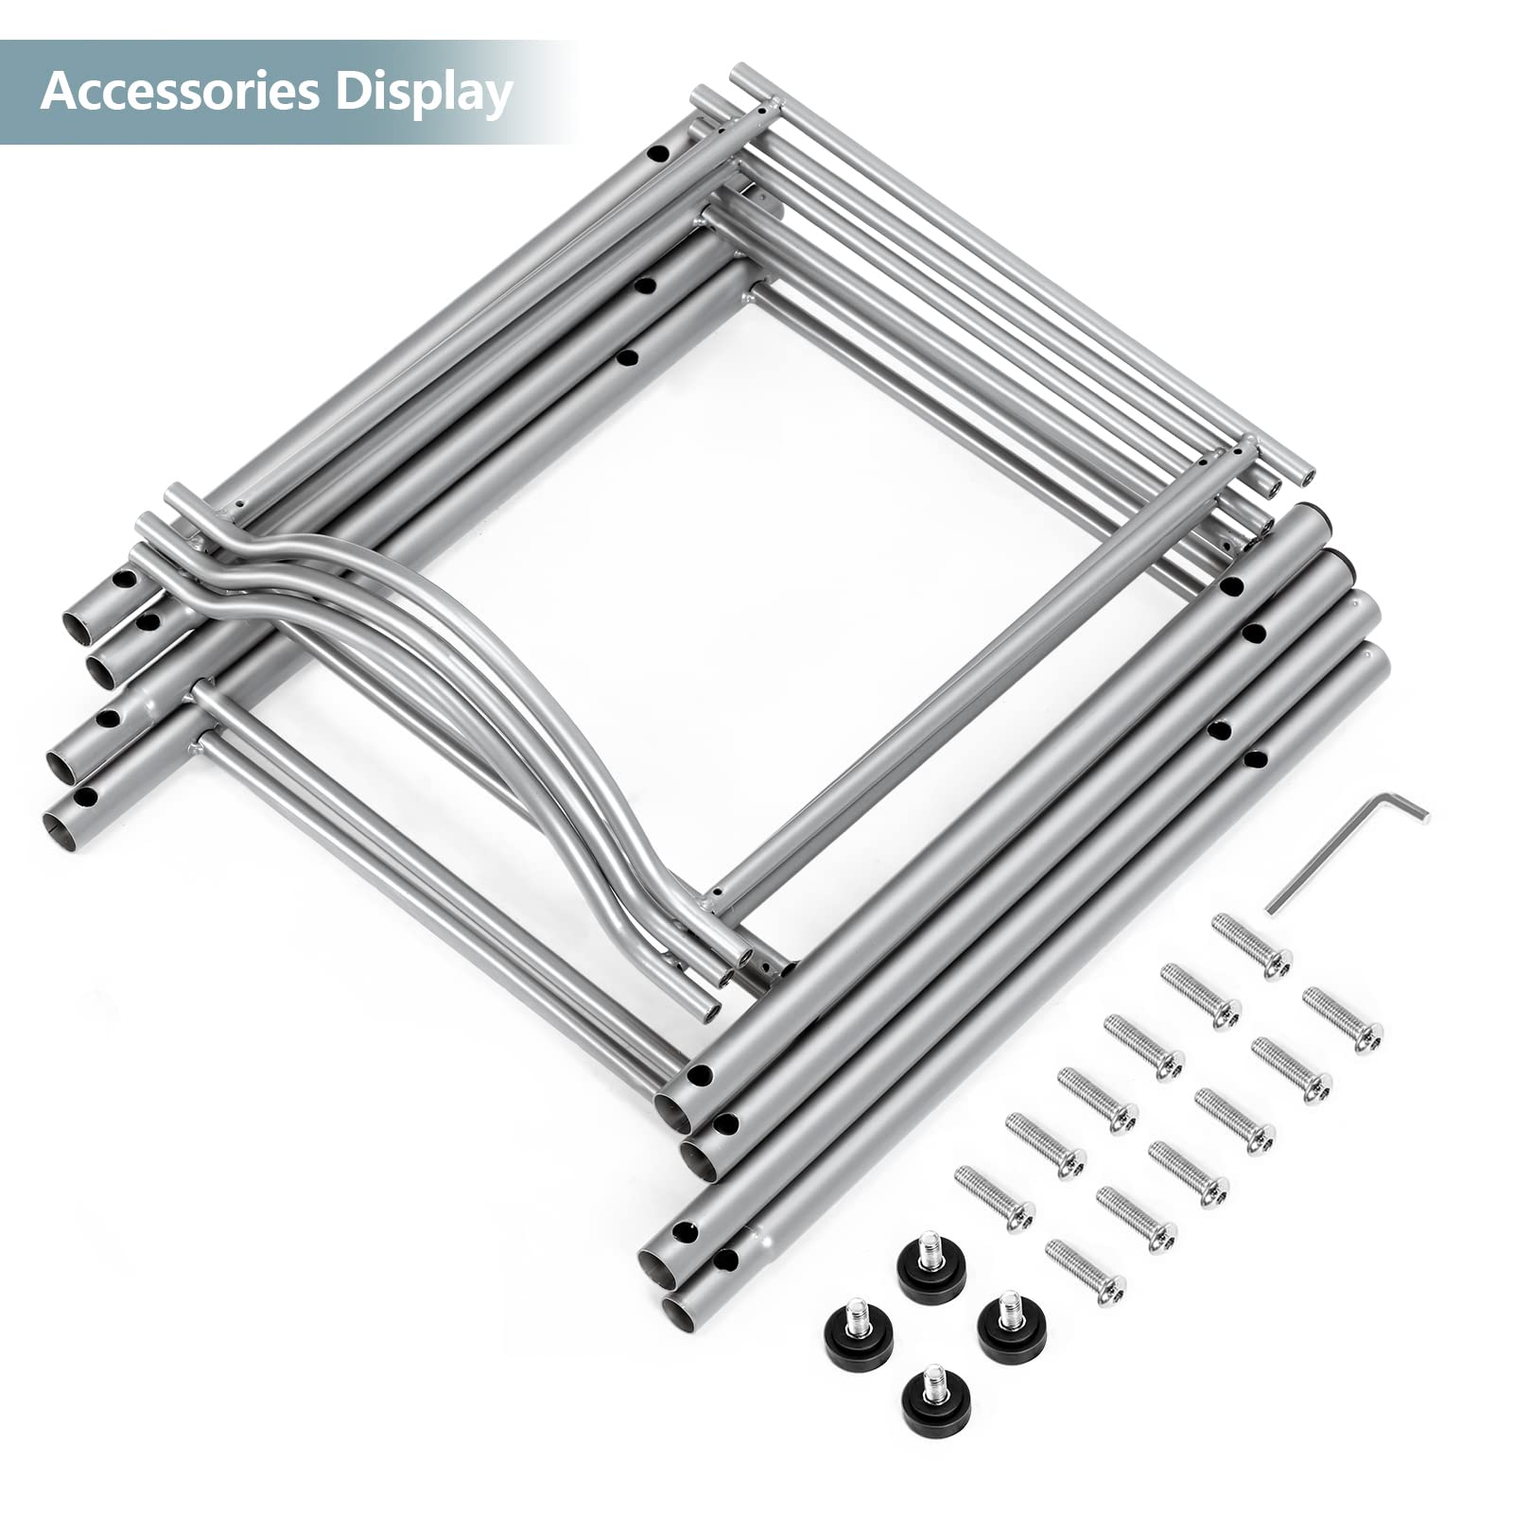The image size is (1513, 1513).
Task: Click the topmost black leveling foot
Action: pyautogui.click(x=931, y=1267)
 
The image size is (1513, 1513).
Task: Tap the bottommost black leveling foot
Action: pyautogui.click(x=936, y=1400)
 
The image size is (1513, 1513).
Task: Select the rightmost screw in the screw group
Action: pyautogui.click(x=1343, y=1019)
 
